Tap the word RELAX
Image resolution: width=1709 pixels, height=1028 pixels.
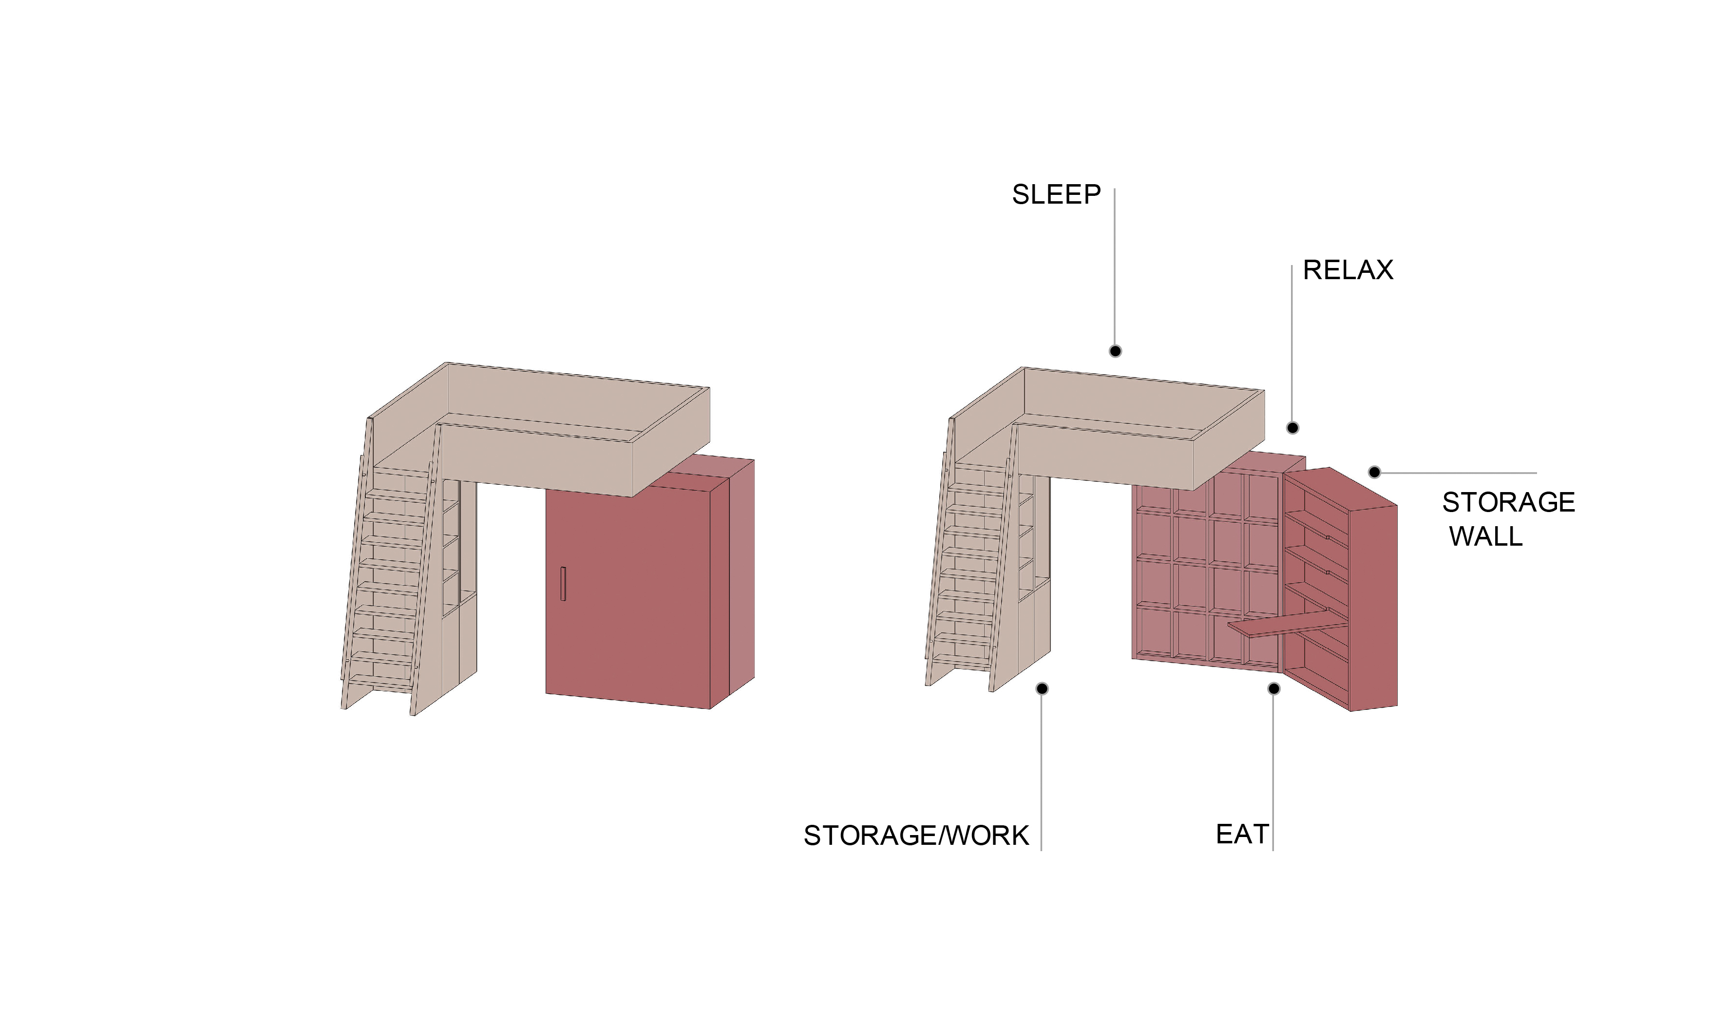point(1347,270)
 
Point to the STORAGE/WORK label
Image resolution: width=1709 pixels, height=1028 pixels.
point(915,836)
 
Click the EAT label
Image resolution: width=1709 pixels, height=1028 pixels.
point(1242,835)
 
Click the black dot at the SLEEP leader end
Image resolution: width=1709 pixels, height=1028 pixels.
point(1115,351)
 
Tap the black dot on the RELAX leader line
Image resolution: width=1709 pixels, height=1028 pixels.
point(1292,428)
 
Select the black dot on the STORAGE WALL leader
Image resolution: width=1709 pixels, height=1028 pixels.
point(1374,473)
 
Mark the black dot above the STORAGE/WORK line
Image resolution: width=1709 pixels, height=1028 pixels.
point(1042,688)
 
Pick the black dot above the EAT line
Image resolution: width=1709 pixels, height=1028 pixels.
point(1273,688)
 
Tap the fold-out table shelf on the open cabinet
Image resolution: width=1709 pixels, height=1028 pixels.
point(1281,624)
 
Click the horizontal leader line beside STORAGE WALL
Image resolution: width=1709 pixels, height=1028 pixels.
point(1454,473)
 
